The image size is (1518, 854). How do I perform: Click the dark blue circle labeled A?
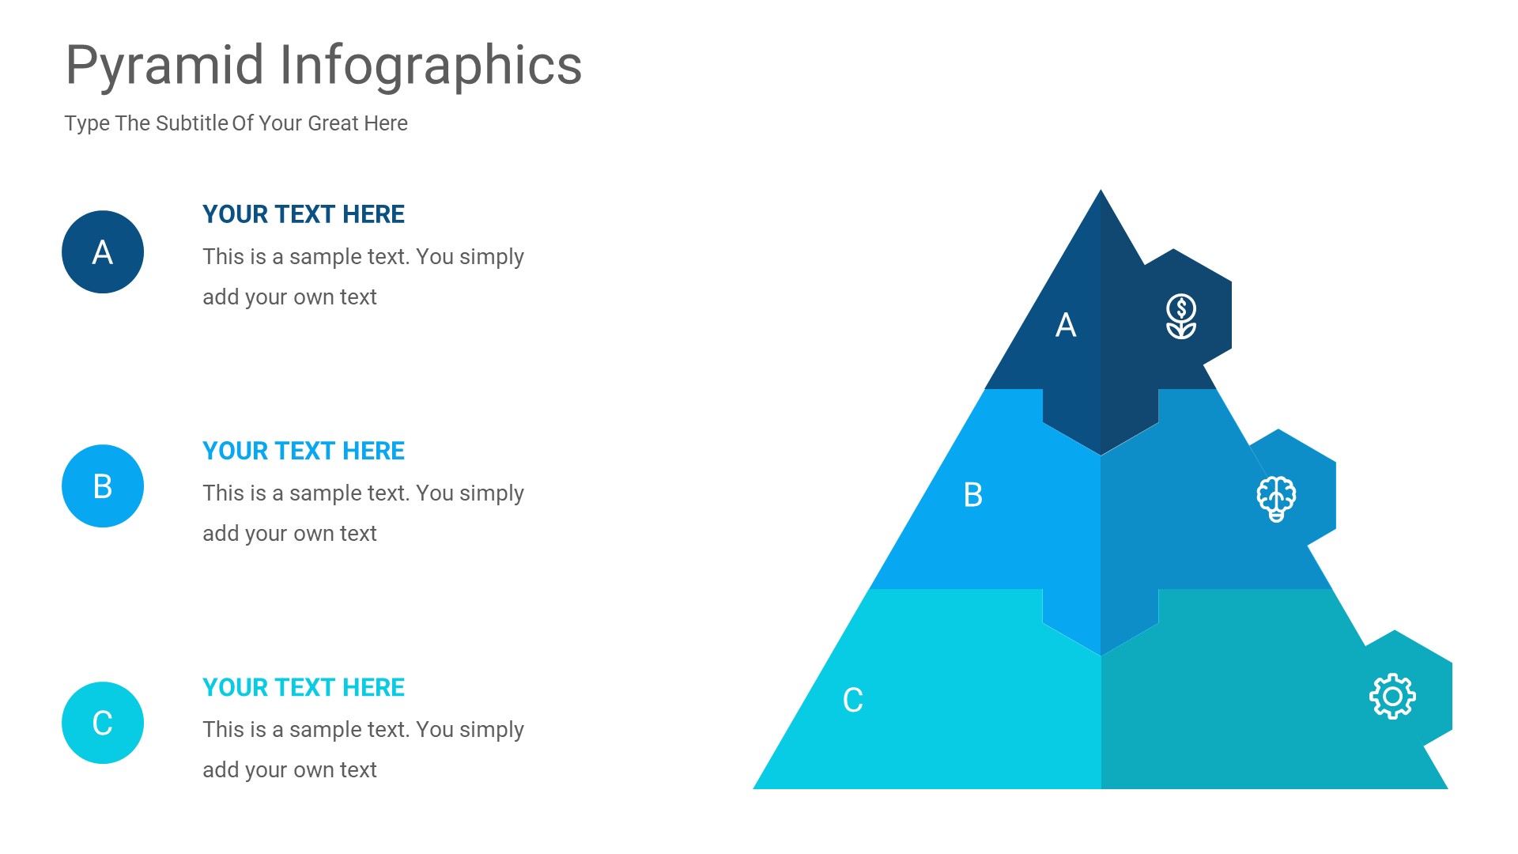pos(103,252)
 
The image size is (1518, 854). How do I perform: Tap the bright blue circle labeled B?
pos(103,486)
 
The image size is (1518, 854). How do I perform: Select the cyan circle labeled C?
pos(103,723)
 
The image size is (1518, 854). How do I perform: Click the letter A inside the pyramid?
pos(1066,325)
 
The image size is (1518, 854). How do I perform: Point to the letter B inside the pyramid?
pos(973,495)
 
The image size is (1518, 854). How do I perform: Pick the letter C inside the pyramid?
pos(852,700)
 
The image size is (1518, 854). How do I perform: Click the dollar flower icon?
pos(1181,316)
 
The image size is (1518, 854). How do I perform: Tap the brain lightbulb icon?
pos(1276,498)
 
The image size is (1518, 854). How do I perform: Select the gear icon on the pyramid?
pos(1392,697)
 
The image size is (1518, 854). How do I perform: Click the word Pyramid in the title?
pos(164,66)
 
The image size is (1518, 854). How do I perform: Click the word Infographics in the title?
pos(431,66)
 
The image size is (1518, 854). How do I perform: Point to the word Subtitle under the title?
pos(192,123)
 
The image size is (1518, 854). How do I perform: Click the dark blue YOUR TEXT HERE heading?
pos(304,214)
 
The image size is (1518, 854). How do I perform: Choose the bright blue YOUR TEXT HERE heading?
pos(304,451)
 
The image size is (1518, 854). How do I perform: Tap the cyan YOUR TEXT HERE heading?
pos(304,687)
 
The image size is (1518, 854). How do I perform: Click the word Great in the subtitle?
pos(333,123)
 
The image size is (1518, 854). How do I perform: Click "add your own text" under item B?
pos(289,534)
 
